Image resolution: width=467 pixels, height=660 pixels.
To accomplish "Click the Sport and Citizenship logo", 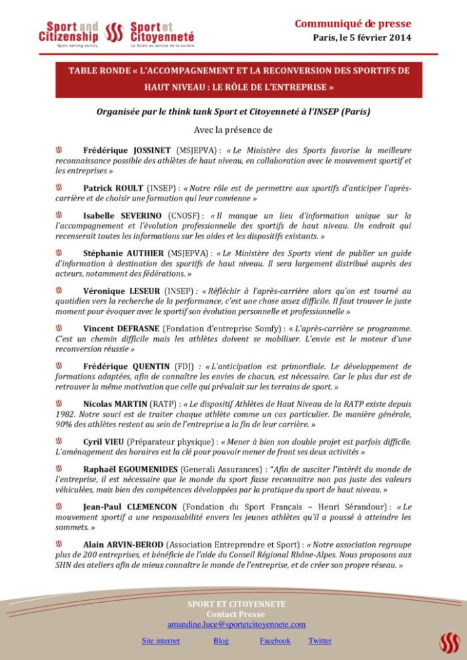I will click(x=68, y=31).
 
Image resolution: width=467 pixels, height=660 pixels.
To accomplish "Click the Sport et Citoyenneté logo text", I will click(x=163, y=31).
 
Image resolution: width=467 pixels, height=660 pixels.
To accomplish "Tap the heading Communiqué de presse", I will click(x=352, y=24).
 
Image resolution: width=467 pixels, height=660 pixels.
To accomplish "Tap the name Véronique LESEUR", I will click(x=123, y=291).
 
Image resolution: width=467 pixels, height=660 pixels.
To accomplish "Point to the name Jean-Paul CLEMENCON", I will click(x=131, y=507).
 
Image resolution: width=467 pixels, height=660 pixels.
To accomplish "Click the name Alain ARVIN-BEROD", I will click(x=127, y=545).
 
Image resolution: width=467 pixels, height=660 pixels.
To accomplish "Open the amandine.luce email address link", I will click(x=236, y=625).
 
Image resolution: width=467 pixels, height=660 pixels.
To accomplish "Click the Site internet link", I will click(x=160, y=641).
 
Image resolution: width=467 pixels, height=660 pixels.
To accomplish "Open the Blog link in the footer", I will click(x=221, y=641).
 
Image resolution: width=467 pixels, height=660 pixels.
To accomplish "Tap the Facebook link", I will click(x=275, y=641).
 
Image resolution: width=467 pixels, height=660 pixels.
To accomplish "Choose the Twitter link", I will click(x=320, y=641).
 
